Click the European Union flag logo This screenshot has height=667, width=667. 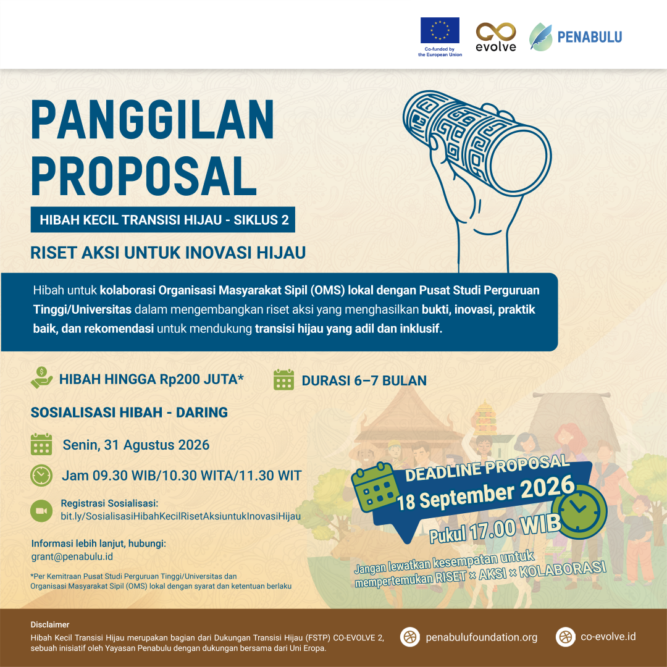440,30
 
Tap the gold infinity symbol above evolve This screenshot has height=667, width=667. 495,32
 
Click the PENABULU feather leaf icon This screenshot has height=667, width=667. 540,37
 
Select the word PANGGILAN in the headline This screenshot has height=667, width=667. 153,120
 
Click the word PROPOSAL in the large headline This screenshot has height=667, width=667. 144,176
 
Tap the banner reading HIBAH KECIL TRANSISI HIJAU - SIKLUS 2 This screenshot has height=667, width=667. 163,219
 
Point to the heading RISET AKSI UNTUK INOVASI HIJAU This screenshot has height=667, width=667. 168,253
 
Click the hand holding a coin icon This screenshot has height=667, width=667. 42,378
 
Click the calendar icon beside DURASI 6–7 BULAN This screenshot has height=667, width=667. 283,380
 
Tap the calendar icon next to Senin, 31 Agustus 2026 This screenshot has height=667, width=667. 41,445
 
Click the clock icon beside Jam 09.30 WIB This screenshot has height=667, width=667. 41,476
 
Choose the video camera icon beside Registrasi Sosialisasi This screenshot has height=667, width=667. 41,511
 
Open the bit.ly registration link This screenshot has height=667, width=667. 181,516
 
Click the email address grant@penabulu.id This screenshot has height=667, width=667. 72,557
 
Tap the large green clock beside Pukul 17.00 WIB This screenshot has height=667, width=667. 579,511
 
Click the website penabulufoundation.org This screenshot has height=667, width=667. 482,637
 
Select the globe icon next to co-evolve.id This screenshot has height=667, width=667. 565,637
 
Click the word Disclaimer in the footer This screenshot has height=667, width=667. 50,624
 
